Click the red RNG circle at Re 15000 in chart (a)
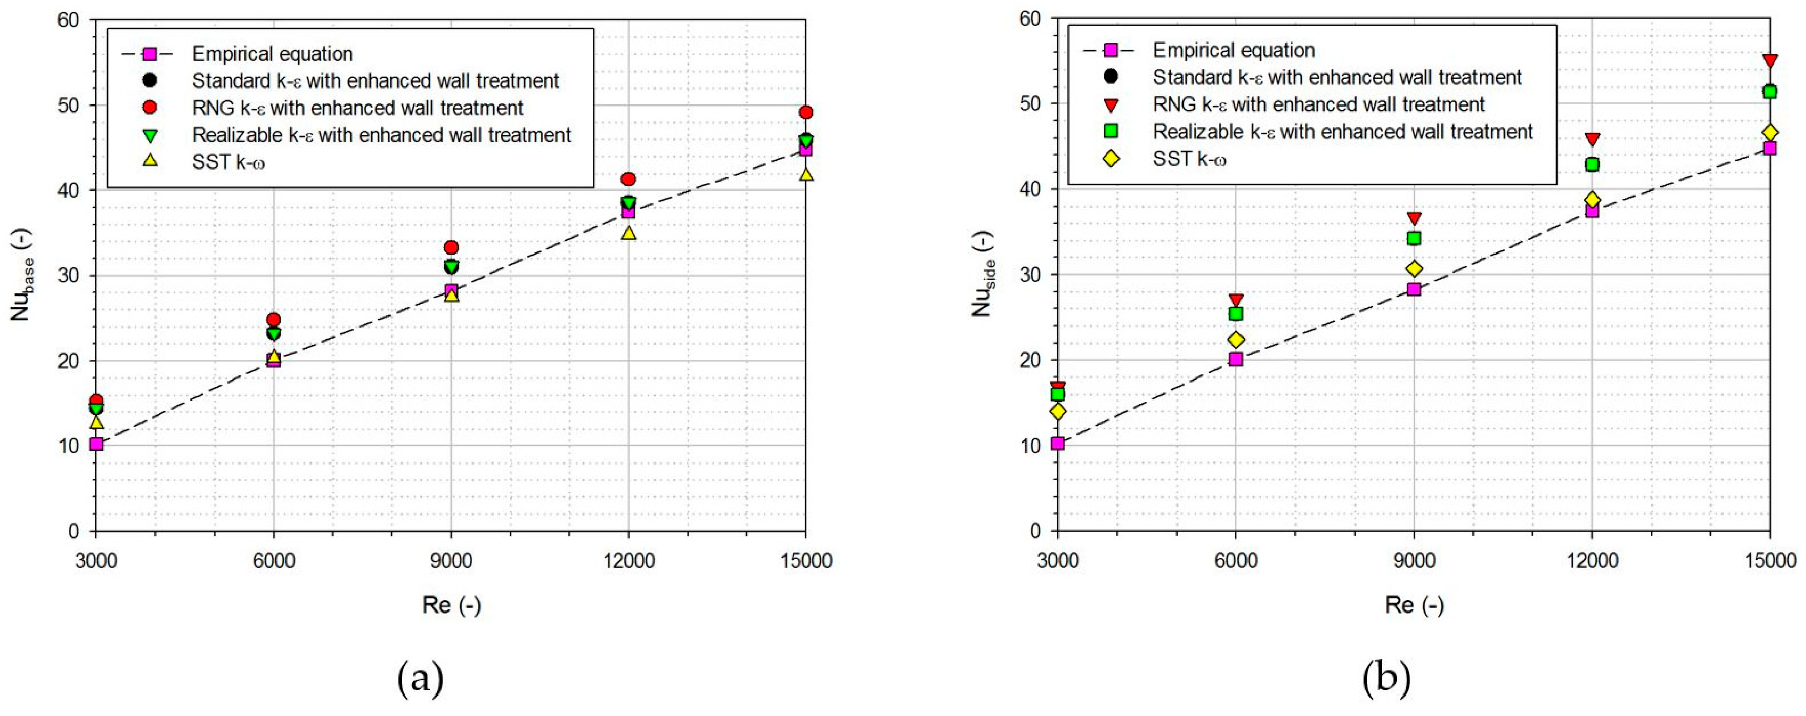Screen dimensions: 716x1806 coord(806,112)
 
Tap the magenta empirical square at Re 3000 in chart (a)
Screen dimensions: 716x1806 coord(96,444)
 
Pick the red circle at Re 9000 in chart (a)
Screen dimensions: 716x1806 coord(451,247)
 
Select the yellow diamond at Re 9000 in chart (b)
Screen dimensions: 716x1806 coord(1414,269)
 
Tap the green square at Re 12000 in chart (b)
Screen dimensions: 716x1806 coord(1592,164)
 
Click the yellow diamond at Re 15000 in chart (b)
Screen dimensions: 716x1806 coord(1770,133)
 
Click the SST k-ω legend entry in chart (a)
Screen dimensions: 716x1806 coord(229,162)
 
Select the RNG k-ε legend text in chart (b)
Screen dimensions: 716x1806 coord(1319,105)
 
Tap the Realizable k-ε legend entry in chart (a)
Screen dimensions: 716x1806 coord(381,135)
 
